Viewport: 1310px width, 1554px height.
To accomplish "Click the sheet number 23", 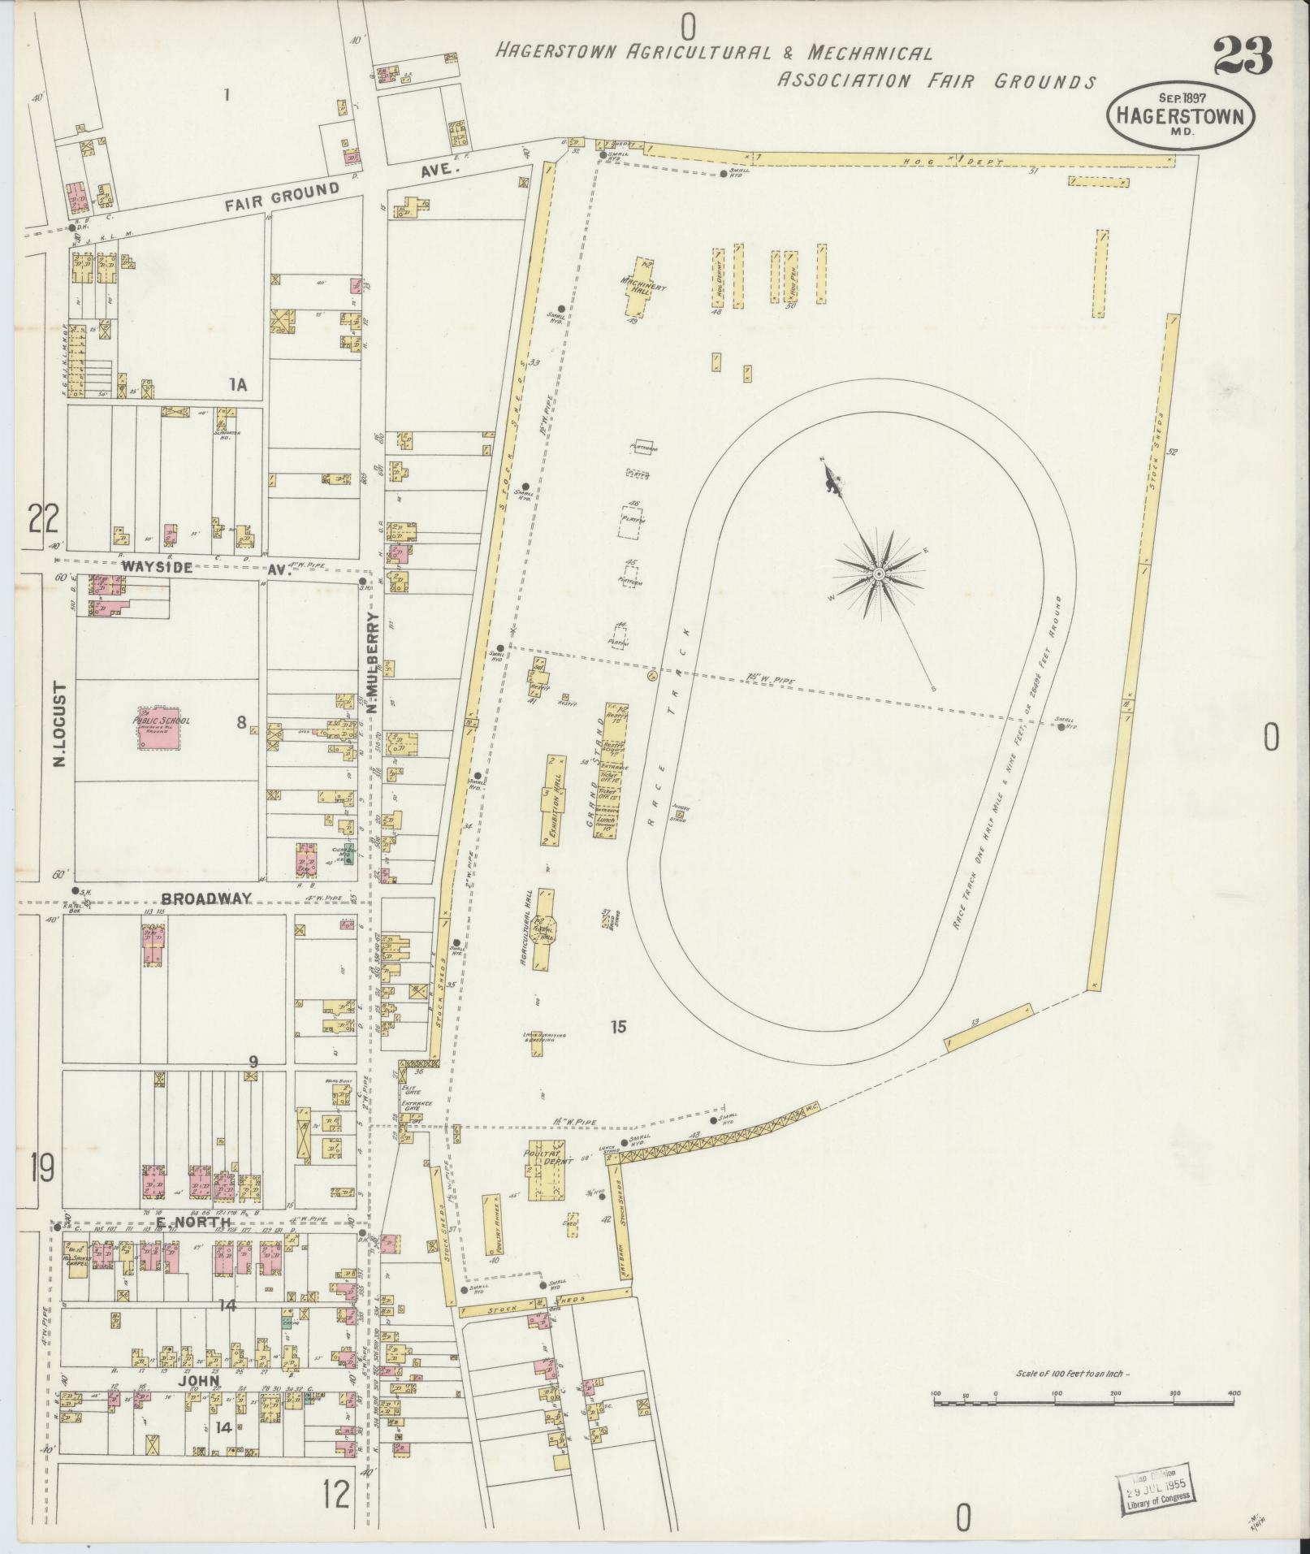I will pyautogui.click(x=1243, y=54).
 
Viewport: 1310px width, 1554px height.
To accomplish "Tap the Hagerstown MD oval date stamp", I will pyautogui.click(x=1179, y=114).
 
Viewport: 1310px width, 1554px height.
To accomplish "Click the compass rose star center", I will pyautogui.click(x=878, y=574).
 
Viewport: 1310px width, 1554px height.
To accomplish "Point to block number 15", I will pyautogui.click(x=619, y=1027).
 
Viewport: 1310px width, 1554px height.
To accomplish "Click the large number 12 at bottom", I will pyautogui.click(x=337, y=1493).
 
